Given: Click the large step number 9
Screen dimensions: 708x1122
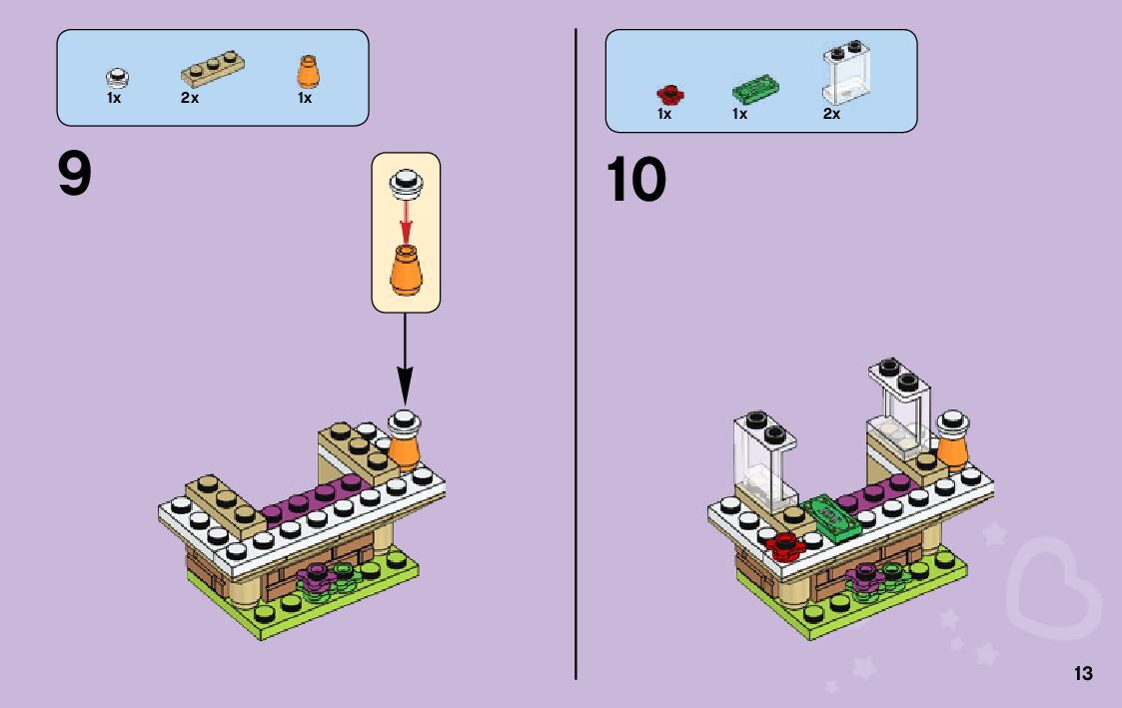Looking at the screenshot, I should (75, 177).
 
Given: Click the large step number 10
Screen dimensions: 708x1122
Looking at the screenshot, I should (635, 181).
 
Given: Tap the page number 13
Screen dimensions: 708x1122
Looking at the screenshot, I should (1083, 674).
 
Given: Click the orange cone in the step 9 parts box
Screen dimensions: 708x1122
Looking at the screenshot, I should (306, 72).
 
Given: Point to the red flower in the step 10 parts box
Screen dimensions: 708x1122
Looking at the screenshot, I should (668, 95).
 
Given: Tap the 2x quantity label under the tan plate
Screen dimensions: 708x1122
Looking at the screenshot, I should (190, 99).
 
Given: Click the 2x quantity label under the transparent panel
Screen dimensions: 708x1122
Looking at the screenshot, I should (831, 115).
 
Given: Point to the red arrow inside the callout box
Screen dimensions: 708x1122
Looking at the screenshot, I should (406, 221).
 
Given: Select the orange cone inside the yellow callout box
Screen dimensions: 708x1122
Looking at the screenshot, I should (406, 271).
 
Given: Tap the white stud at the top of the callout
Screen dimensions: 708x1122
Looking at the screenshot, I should (406, 181).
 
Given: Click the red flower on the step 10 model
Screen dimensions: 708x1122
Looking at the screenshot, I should (785, 544).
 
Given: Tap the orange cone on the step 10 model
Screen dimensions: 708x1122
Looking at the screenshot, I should (953, 448).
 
